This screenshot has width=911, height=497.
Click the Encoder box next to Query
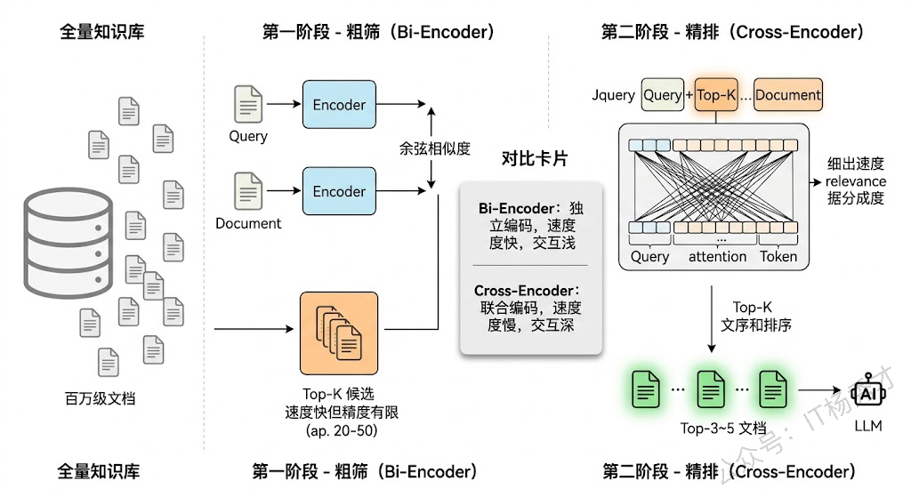339,105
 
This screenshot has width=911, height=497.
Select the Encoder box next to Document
339,191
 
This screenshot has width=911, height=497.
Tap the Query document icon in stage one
248,104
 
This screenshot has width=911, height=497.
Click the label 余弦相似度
433,148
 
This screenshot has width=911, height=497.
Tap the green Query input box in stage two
663,95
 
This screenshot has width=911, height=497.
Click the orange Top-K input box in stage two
716,95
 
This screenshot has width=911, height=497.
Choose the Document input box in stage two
788,95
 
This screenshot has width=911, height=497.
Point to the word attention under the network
717,257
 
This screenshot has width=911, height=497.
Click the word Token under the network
778,257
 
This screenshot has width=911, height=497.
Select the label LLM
867,426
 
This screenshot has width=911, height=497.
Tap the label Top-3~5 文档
722,429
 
